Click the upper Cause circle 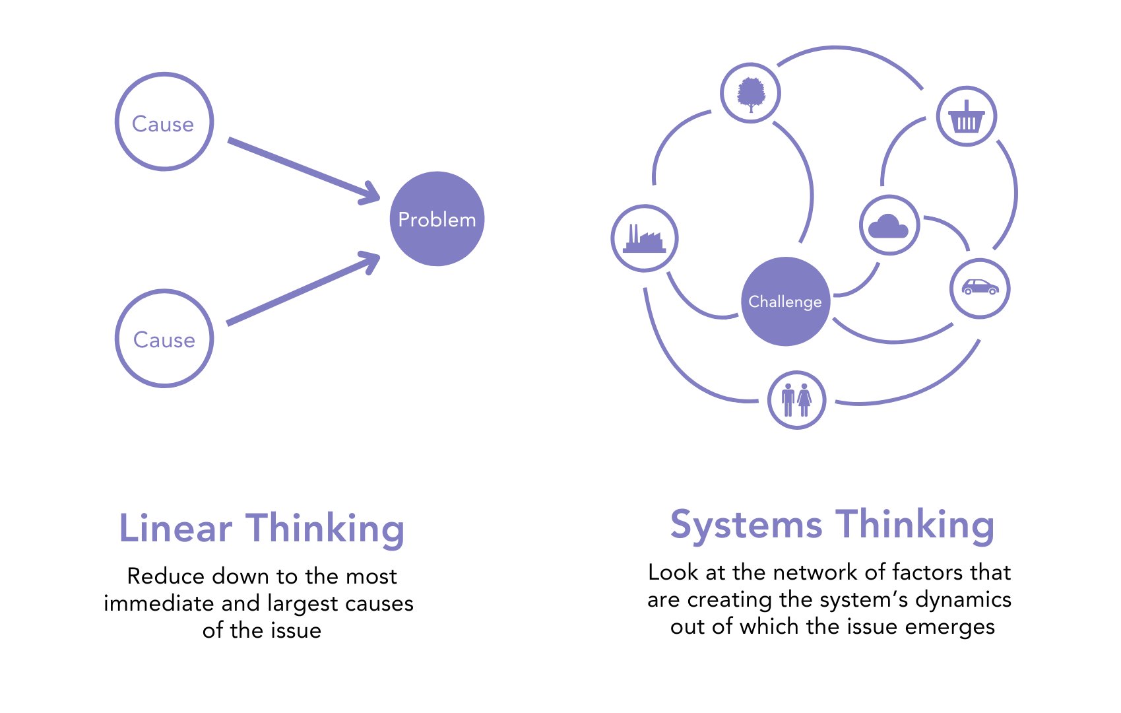164,122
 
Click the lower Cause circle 164,339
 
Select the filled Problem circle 437,219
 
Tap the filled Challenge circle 785,301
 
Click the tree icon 750,94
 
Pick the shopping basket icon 966,117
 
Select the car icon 980,287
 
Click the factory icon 644,238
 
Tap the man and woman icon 796,399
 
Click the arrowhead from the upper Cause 371,193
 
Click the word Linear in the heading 176,529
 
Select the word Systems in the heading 746,526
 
